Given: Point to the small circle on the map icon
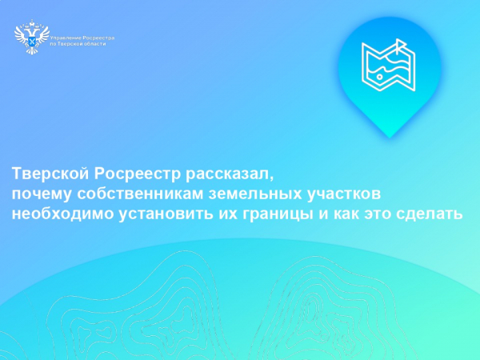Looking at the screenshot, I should click(x=374, y=78).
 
